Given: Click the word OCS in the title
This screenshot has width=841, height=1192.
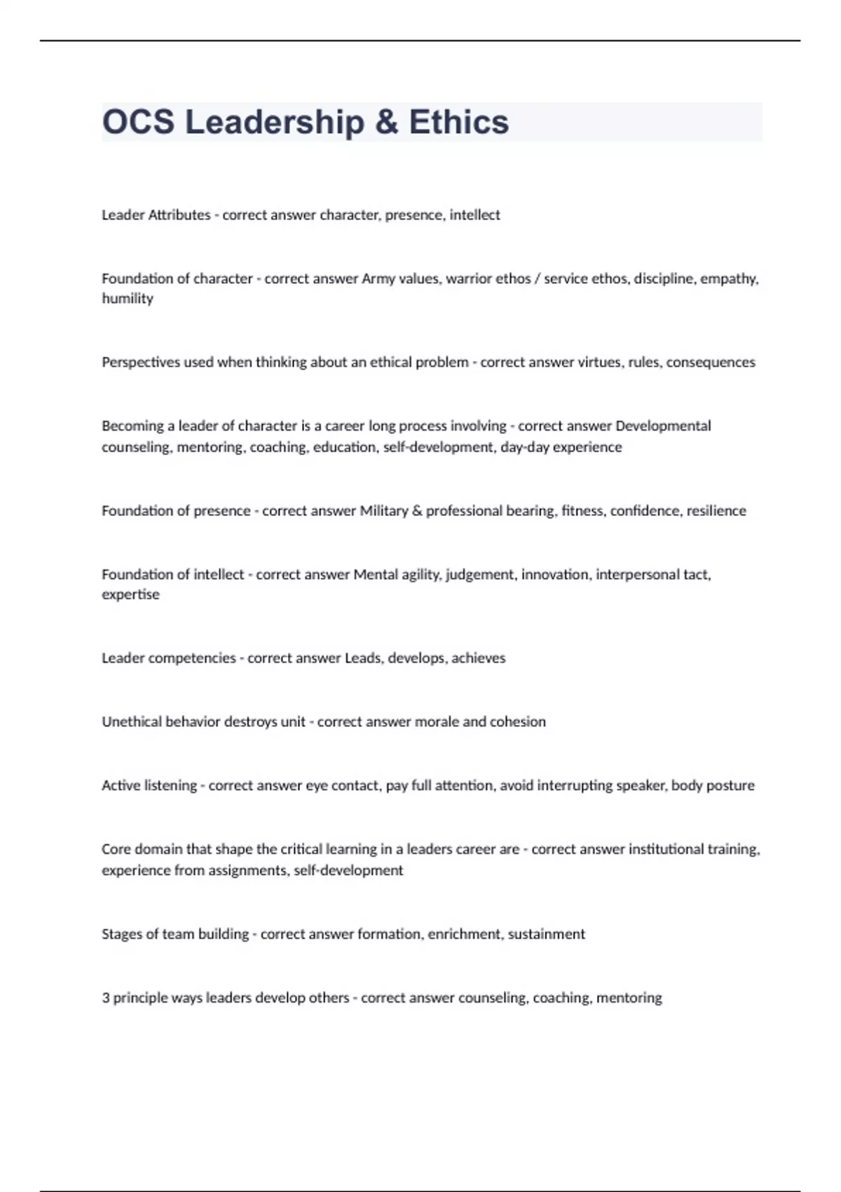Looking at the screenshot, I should tap(138, 122).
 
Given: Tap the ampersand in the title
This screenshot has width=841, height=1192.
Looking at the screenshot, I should tap(386, 122).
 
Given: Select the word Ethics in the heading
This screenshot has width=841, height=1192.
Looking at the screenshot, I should tap(459, 122).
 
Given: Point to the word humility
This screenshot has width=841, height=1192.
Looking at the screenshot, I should tap(128, 299).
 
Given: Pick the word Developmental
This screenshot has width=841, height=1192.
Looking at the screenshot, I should tap(662, 426).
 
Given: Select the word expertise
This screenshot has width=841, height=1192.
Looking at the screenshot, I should tap(130, 595).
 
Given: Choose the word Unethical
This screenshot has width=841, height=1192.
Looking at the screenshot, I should tap(131, 722).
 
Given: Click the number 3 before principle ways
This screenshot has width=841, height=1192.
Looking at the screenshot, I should tap(106, 998).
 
